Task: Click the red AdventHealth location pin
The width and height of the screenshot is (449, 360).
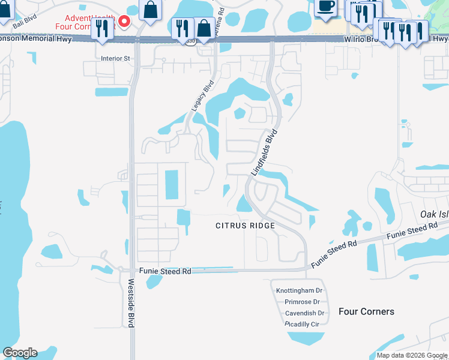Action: click(124, 22)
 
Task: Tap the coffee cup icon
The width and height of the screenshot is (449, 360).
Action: click(325, 7)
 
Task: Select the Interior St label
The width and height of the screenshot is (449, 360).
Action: click(116, 59)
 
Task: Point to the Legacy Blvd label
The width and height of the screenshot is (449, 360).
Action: click(202, 96)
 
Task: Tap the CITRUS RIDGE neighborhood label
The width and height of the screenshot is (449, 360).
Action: click(246, 226)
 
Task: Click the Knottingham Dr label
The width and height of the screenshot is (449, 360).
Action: click(300, 290)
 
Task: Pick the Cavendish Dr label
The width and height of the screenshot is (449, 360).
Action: click(304, 313)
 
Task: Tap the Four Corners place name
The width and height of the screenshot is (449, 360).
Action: click(366, 311)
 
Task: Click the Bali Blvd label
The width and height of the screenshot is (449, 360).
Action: click(23, 19)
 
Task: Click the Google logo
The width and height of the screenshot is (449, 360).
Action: click(20, 353)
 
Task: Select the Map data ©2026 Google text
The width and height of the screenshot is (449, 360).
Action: click(411, 355)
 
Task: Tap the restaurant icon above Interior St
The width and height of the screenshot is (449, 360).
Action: click(102, 29)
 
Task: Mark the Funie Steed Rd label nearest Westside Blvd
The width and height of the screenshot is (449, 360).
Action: click(165, 271)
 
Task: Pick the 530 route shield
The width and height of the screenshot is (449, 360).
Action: click(191, 41)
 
